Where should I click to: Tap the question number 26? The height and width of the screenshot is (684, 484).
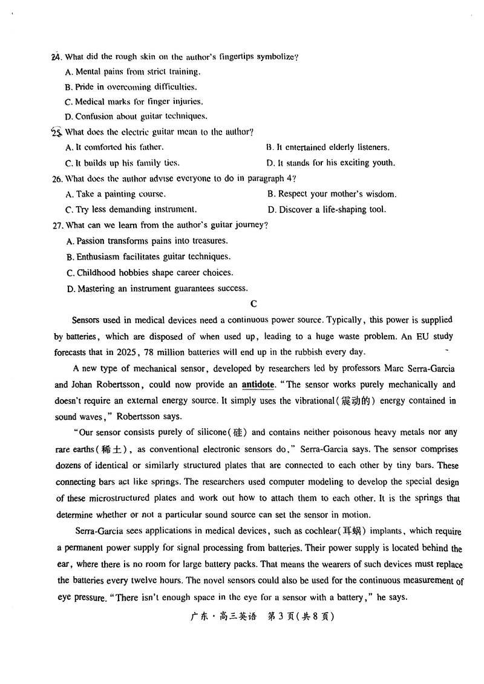pos(58,178)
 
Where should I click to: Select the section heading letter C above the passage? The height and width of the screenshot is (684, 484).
pos(254,304)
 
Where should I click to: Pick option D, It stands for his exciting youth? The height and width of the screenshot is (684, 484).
pos(331,163)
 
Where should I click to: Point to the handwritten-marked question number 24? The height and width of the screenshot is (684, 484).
pos(56,57)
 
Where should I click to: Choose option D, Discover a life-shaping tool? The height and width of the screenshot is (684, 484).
pos(326,210)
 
